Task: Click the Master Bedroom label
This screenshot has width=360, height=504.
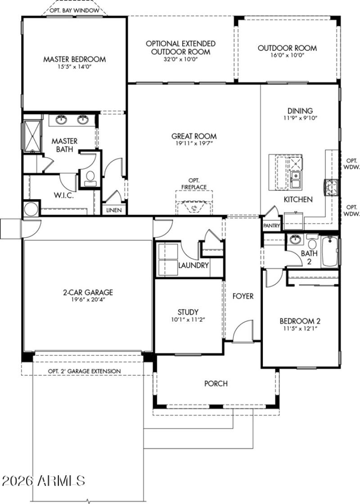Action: point(75,59)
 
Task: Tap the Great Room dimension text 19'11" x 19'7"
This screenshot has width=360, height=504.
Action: point(194,144)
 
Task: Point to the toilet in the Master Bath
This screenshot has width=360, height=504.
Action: point(89,177)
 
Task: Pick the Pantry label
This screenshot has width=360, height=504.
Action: point(272,226)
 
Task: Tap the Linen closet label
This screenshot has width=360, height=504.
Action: point(113,210)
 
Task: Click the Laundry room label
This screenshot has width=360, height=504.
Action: point(193,265)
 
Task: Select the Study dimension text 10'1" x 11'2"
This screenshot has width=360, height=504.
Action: point(188,320)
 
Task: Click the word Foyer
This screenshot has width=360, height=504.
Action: point(243,296)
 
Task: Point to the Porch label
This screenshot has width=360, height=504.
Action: point(216,384)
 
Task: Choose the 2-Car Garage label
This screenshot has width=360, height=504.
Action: point(88,292)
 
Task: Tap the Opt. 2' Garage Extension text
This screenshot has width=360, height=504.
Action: point(85,371)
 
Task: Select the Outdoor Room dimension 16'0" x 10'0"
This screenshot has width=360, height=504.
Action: point(287,55)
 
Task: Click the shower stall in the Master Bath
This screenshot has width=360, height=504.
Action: point(31,135)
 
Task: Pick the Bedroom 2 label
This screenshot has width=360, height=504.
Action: point(300,321)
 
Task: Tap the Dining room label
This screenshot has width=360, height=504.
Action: point(300,111)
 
